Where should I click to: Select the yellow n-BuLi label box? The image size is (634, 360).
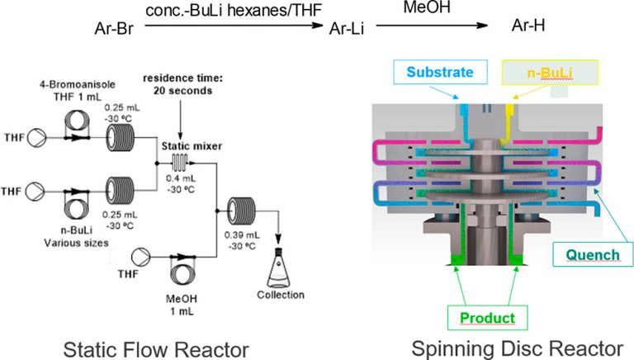click(537, 73)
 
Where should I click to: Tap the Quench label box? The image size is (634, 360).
click(592, 254)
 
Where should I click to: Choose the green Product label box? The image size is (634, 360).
click(486, 318)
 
